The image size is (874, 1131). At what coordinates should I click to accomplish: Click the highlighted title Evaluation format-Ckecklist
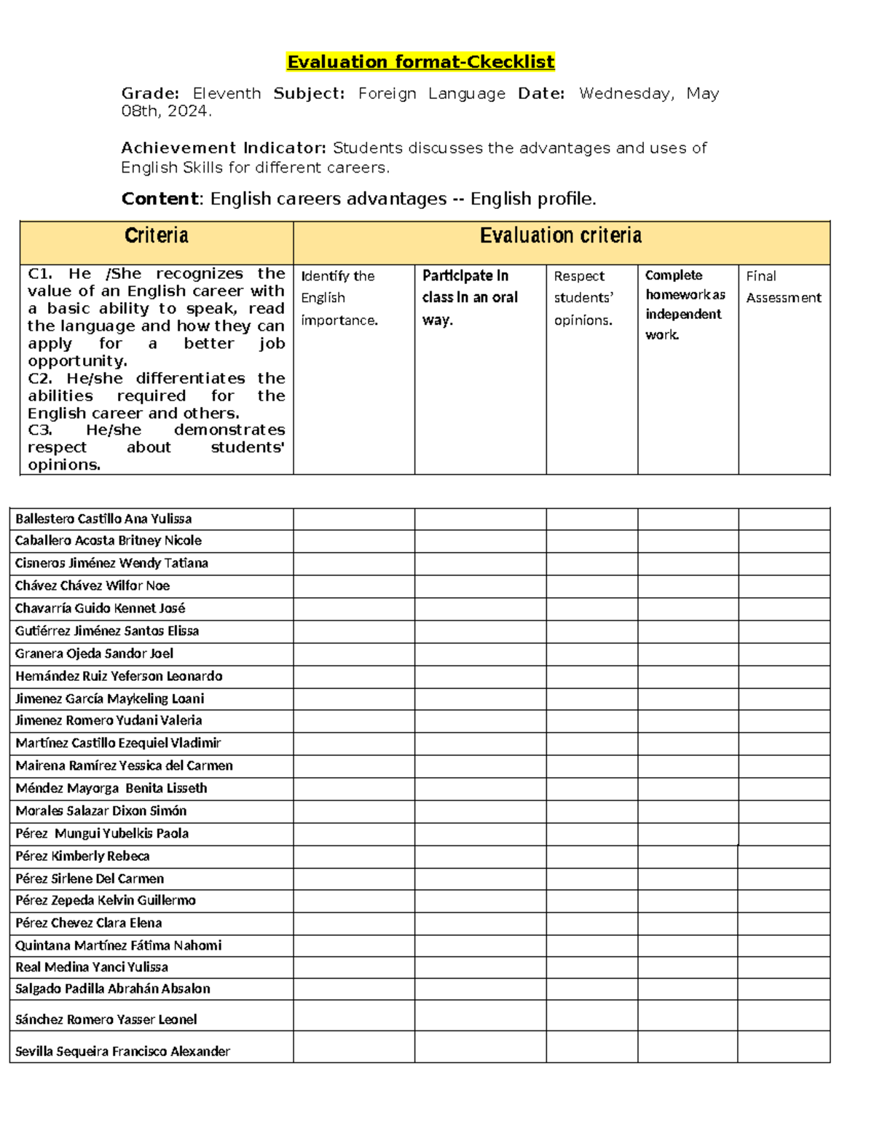(420, 62)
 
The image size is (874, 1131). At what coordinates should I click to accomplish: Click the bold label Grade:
(149, 93)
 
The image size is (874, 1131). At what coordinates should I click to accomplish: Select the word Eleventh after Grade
(227, 93)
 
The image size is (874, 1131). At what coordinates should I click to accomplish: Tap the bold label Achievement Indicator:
(224, 148)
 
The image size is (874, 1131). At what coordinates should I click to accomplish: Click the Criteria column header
(156, 235)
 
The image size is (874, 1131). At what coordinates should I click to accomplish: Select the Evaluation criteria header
(561, 235)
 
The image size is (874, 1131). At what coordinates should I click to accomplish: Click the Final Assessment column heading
(783, 287)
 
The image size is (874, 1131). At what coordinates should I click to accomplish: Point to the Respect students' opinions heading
(583, 298)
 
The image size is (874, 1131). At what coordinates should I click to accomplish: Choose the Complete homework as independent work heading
(685, 304)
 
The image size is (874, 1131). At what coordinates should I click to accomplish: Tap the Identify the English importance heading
(339, 298)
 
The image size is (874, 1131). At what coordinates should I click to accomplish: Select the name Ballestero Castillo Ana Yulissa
(103, 519)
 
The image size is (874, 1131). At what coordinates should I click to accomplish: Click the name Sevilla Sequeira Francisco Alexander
(122, 1051)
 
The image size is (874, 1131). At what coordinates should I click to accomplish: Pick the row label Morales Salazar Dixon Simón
(101, 811)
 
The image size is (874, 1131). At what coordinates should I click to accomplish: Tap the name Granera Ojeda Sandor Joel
(94, 653)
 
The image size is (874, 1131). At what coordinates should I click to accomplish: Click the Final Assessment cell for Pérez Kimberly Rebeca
(784, 856)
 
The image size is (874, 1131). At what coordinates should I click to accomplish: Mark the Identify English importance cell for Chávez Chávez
(354, 586)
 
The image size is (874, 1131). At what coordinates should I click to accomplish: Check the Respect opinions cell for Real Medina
(591, 967)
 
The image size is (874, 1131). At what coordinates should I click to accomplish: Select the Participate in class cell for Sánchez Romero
(480, 1016)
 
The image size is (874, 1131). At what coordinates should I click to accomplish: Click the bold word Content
(160, 199)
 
